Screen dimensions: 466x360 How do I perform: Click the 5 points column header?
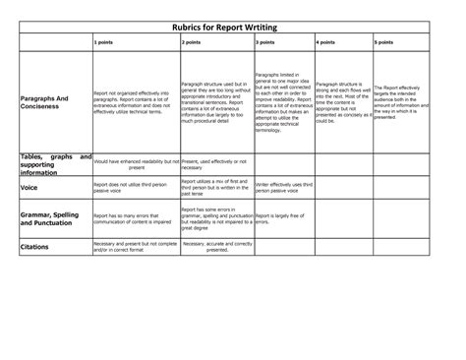coord(384,44)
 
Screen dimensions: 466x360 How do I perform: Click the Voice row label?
coord(29,185)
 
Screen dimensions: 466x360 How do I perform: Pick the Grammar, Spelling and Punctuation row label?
coord(49,218)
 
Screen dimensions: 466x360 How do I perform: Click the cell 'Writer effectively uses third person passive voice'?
coord(281,185)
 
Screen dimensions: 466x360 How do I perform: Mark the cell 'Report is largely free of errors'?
coord(281,218)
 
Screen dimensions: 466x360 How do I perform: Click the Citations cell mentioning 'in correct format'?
coord(133,247)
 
